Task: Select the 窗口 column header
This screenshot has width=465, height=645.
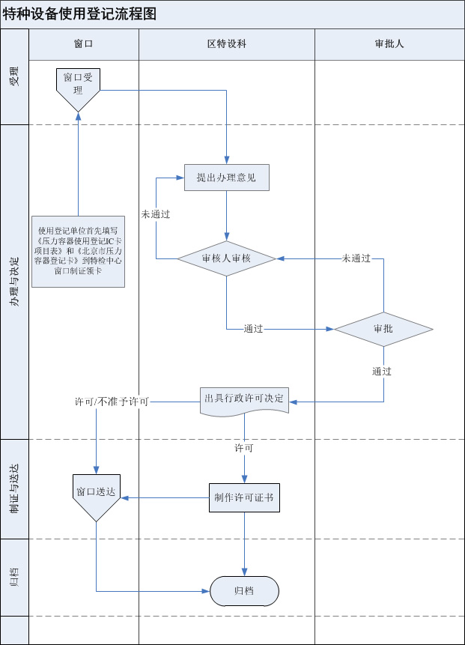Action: click(83, 43)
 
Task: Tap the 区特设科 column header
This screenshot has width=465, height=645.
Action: click(226, 43)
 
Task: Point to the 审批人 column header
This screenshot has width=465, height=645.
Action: click(389, 43)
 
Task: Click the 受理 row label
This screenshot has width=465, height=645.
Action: click(14, 76)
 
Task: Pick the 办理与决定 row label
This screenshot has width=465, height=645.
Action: click(14, 281)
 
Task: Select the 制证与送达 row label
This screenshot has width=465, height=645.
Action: click(14, 488)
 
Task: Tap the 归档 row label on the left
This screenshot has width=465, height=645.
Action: click(14, 577)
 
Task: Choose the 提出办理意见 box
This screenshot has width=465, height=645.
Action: click(226, 178)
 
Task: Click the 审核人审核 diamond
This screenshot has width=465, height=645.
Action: click(226, 258)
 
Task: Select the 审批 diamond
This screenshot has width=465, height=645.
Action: click(383, 329)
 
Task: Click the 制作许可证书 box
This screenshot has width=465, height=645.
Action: click(244, 497)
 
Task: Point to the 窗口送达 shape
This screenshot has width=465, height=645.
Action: click(96, 495)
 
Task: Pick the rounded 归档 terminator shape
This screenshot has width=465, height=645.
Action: click(244, 591)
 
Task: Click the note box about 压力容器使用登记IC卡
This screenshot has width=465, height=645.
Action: click(78, 251)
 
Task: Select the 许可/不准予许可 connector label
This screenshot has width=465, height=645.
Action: click(112, 402)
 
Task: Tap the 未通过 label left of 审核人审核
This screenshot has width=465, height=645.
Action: click(156, 214)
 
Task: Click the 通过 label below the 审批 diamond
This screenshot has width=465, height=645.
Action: click(382, 372)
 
